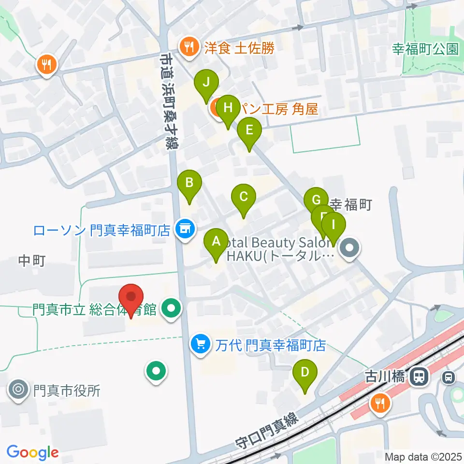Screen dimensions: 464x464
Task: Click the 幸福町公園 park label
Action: [425, 48]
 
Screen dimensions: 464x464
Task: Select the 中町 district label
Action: [32, 261]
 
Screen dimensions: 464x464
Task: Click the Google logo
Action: [32, 452]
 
